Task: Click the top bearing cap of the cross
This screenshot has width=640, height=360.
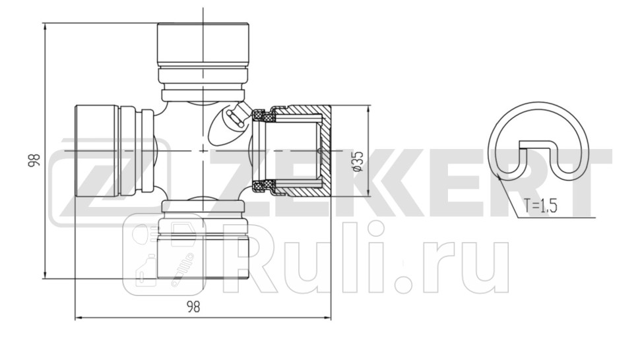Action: [x=203, y=44]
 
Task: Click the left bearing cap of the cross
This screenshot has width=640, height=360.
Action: [x=96, y=152]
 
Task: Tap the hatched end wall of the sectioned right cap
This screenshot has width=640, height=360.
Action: [x=325, y=151]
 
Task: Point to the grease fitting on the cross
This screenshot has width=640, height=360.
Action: [x=234, y=119]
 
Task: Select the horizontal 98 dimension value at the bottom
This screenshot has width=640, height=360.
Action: [x=193, y=307]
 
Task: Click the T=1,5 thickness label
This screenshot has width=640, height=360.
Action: [x=541, y=206]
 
